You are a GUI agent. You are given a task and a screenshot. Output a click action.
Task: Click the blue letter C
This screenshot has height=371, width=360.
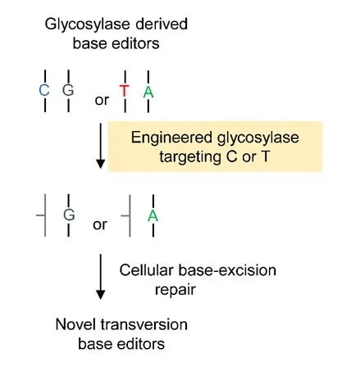point(44,90)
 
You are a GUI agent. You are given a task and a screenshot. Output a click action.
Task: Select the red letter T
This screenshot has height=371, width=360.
point(124,91)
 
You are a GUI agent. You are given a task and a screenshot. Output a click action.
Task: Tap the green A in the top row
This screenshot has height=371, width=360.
point(148,91)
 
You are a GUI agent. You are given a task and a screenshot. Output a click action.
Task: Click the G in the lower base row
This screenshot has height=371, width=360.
point(68,215)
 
